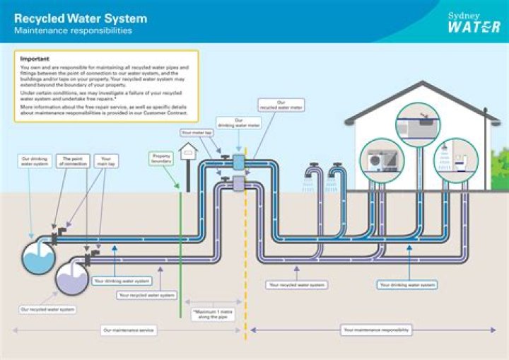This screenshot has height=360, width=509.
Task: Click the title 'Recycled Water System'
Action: (x=81, y=18)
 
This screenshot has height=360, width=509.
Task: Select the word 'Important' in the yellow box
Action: (x=35, y=58)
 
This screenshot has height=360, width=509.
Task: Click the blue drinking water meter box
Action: (x=238, y=162)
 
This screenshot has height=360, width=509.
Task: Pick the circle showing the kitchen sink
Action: (x=417, y=125)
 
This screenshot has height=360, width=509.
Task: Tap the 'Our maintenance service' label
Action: (x=129, y=330)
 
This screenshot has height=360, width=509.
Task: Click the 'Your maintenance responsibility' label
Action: (x=377, y=330)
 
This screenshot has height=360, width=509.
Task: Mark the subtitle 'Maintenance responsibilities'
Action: (x=73, y=31)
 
